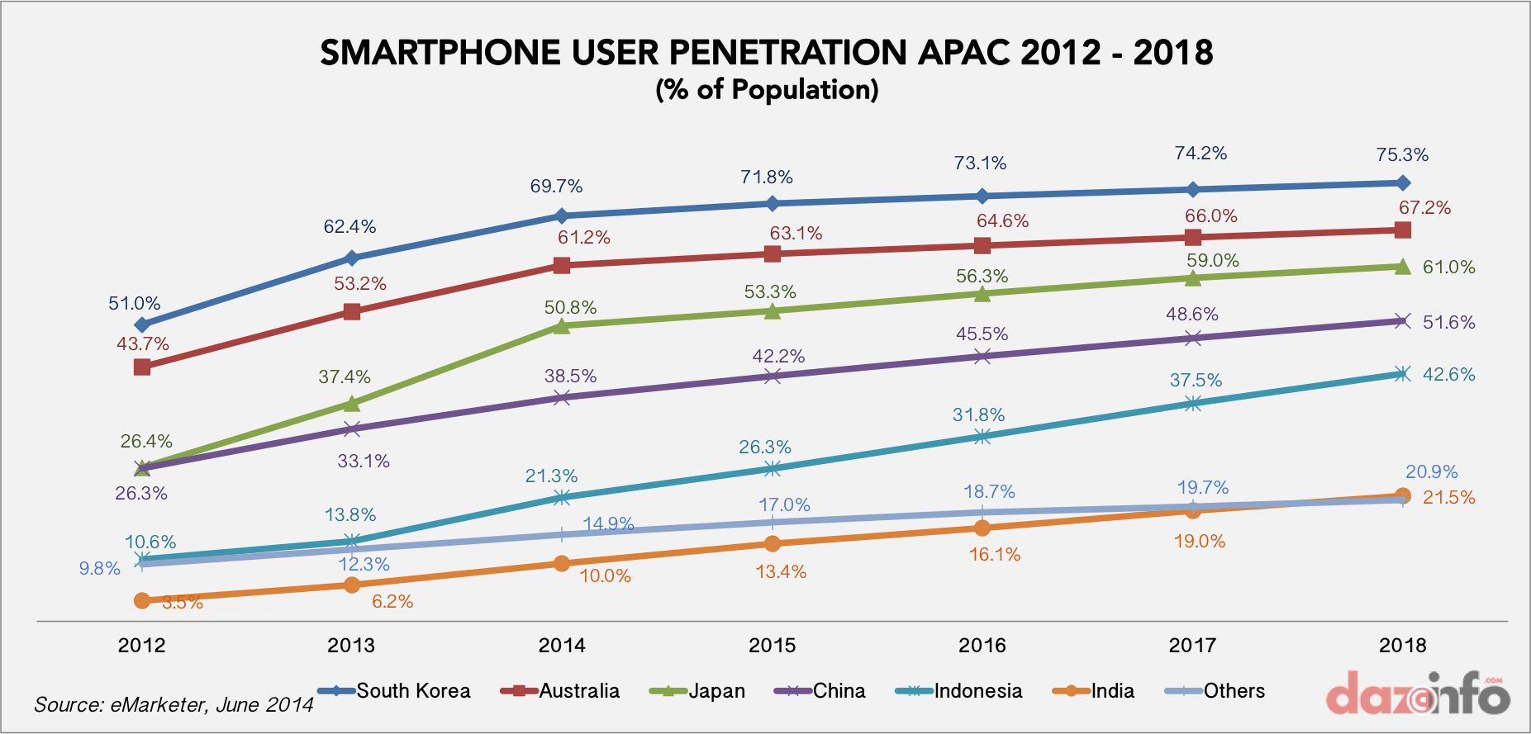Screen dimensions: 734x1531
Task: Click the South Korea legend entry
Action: click(395, 691)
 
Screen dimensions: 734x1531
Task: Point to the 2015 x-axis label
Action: click(772, 646)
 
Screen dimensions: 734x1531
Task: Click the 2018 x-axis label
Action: click(1402, 646)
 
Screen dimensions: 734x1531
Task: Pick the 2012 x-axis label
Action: click(141, 646)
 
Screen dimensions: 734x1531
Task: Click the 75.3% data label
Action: click(1402, 155)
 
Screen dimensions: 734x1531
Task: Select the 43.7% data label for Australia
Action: click(143, 344)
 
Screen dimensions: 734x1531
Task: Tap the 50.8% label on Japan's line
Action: click(570, 308)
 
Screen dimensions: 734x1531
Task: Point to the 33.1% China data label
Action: click(364, 462)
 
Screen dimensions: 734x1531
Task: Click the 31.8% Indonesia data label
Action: click(979, 415)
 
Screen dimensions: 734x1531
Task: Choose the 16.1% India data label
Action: click(995, 555)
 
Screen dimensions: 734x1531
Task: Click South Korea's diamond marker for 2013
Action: click(351, 258)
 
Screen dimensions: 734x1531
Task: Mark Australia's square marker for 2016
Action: click(982, 245)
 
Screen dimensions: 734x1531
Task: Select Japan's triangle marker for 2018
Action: click(1402, 267)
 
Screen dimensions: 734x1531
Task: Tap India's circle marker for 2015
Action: click(772, 543)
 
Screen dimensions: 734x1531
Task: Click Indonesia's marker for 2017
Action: click(1192, 403)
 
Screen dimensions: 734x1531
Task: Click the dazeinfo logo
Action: click(1418, 695)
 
